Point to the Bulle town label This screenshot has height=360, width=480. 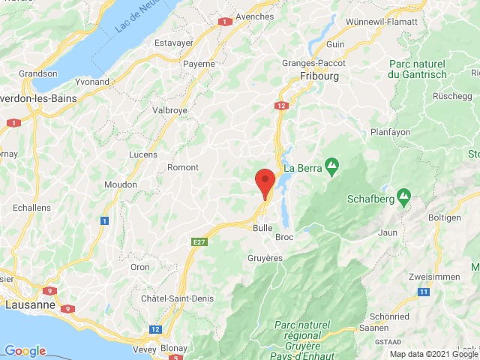coord(262,227)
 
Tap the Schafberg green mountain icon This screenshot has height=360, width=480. coord(404,198)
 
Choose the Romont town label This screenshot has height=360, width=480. coord(182,167)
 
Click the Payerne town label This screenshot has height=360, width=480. coord(200,64)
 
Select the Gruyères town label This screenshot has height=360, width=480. coord(264,257)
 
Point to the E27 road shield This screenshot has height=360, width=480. coord(199,241)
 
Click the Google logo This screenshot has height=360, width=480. coord(24,351)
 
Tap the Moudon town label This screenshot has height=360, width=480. coord(121,184)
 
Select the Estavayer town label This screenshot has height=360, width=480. coord(174,43)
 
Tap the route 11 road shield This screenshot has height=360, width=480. coord(424,291)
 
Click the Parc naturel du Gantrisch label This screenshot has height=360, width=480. coord(417,69)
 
